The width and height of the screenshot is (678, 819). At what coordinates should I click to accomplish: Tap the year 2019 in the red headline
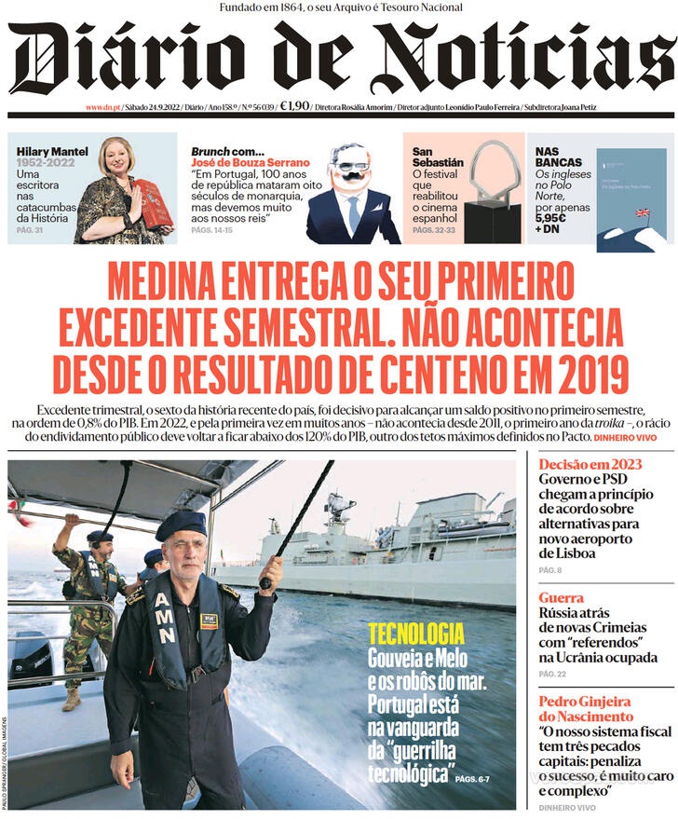pos(591,374)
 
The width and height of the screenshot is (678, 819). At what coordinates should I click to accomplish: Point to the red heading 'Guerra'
pos(562,597)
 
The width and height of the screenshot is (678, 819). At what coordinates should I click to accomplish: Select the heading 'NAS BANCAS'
pos(559,157)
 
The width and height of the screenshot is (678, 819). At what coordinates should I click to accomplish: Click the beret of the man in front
pos(181,524)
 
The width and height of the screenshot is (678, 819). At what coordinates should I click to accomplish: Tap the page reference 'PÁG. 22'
pos(552,674)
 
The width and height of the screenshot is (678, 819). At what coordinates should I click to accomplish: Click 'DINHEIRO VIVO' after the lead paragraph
pos(632,436)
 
